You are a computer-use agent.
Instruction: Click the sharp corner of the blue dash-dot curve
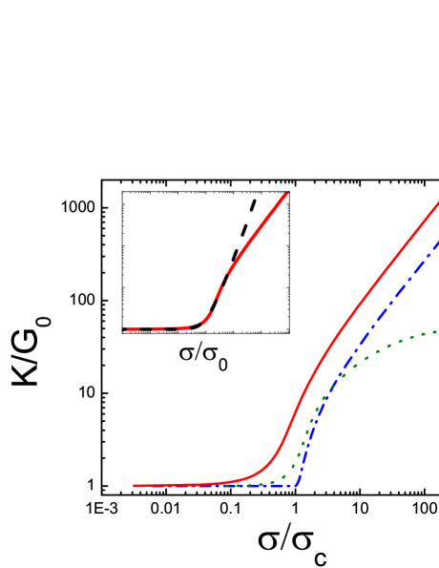[297, 486]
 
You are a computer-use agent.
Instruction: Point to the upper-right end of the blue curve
[437, 242]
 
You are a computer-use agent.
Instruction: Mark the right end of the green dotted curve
[436, 331]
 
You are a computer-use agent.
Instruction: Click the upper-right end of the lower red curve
[437, 202]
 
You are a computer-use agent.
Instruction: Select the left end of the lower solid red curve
[135, 486]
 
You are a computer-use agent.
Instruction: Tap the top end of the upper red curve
[286, 194]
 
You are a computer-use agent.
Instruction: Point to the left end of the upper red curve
[125, 328]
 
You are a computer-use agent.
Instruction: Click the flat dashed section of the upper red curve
[157, 328]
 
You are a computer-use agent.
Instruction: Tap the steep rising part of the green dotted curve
[309, 430]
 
